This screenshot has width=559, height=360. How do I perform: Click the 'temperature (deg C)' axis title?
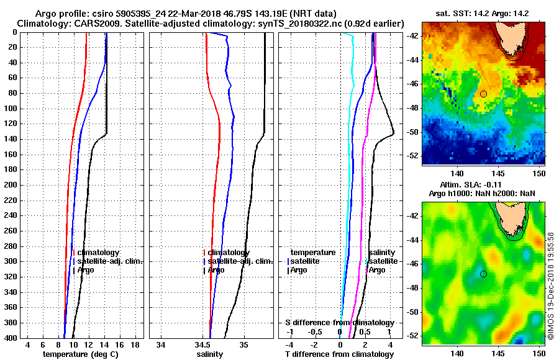[x=81, y=354]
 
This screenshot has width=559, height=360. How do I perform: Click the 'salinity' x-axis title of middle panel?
[x=210, y=354]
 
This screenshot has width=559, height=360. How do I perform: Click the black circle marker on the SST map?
[x=483, y=94]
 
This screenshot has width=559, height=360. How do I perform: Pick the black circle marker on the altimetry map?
[x=483, y=274]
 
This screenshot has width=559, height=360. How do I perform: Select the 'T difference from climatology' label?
[x=339, y=354]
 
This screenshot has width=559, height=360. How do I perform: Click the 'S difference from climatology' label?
[x=339, y=323]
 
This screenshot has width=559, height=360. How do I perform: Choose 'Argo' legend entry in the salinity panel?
[x=216, y=270]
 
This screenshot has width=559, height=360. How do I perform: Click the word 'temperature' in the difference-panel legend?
[x=313, y=253]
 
